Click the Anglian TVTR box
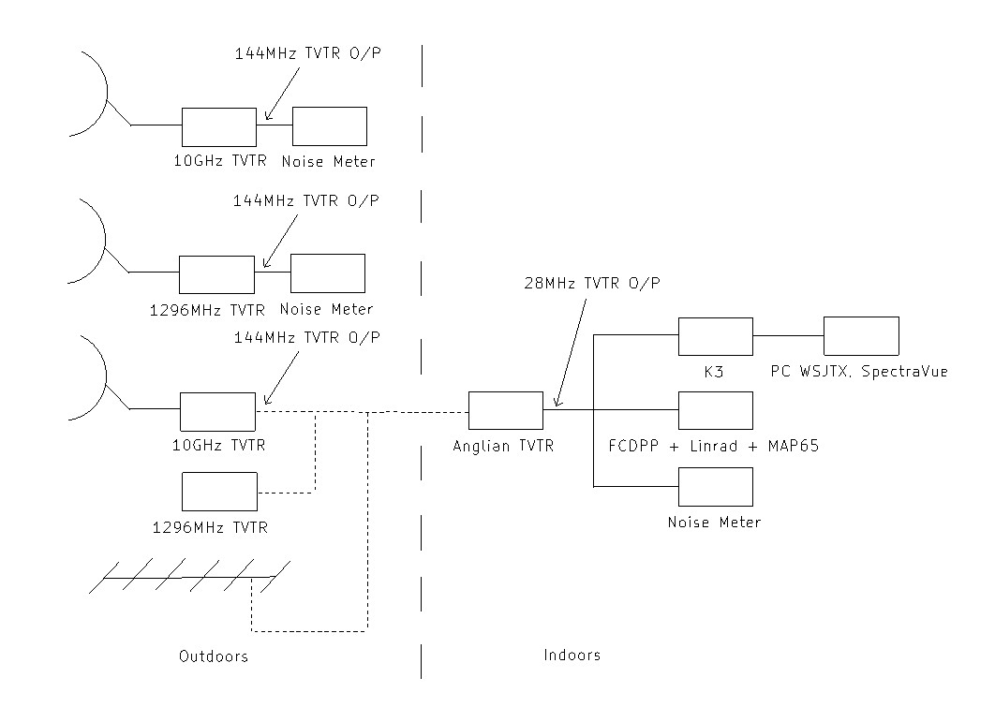click(506, 410)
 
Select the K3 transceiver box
click(716, 335)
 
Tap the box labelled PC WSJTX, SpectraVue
click(861, 335)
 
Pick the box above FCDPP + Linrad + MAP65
click(716, 410)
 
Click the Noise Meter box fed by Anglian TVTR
click(716, 486)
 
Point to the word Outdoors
click(214, 656)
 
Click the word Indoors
click(572, 655)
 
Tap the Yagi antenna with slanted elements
click(187, 576)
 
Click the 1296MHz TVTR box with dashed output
click(219, 492)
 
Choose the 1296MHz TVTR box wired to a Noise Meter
click(216, 274)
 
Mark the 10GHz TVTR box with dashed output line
click(217, 410)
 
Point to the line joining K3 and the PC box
click(788, 335)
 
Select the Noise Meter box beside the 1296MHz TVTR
click(328, 273)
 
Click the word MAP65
click(792, 447)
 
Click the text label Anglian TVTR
click(503, 447)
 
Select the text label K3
click(714, 372)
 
